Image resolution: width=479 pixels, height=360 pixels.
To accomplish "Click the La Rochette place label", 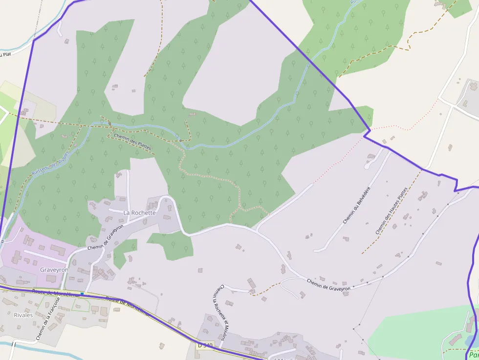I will tap(139, 212).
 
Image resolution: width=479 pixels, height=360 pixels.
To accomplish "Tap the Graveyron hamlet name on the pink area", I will tap(54, 270).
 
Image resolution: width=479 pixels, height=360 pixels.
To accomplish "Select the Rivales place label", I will tap(23, 315).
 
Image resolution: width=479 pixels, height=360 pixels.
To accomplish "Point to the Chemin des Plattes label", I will tap(133, 142).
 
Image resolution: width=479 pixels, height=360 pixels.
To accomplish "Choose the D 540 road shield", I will tap(205, 345).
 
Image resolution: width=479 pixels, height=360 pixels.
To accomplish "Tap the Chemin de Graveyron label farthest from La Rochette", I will tap(329, 285).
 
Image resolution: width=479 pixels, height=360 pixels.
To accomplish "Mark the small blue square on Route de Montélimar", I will tap(82, 294).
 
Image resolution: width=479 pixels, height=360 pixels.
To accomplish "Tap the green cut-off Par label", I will tap(473, 355).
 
